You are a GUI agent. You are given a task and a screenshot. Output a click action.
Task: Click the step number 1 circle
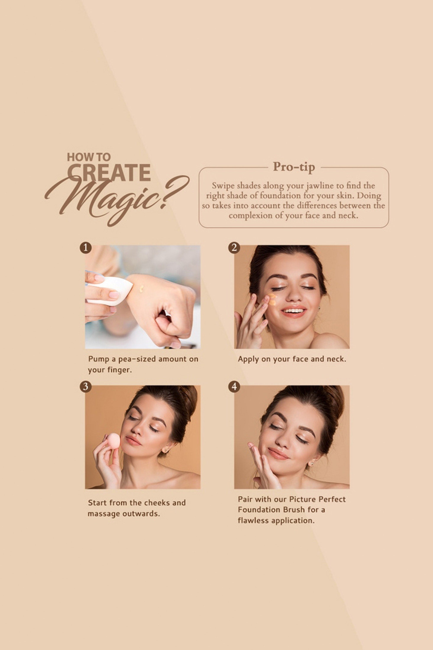click(86, 248)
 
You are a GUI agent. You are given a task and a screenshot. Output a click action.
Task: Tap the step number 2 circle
click(234, 248)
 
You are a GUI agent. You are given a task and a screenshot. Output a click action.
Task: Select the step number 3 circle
click(86, 387)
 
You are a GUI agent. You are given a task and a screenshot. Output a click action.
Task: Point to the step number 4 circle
click(234, 387)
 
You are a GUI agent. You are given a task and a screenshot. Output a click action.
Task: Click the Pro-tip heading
click(294, 167)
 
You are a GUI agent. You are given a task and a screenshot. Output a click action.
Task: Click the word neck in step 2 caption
click(336, 359)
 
